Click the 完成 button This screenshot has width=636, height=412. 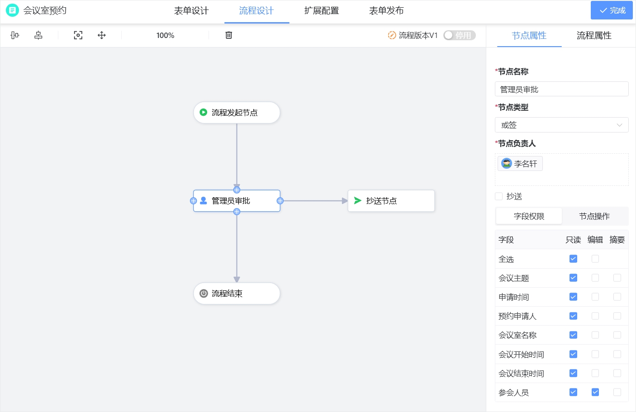click(612, 10)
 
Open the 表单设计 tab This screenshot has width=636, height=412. click(191, 11)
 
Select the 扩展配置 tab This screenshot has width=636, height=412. click(321, 11)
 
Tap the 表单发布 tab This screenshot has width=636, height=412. click(386, 11)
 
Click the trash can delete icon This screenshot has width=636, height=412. click(229, 35)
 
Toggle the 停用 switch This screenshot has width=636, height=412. click(459, 35)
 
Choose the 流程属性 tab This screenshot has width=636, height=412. click(593, 36)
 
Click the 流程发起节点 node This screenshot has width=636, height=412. click(237, 113)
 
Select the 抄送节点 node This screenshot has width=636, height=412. click(391, 201)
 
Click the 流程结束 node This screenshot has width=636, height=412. click(237, 294)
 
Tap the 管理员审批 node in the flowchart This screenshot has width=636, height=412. click(237, 201)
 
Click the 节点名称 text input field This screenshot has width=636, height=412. click(561, 89)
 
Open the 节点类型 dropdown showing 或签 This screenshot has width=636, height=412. click(561, 125)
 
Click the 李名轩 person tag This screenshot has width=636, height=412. click(520, 164)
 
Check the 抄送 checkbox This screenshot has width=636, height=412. click(499, 196)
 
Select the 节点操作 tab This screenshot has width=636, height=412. click(594, 216)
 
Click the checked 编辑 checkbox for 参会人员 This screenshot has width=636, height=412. click(595, 392)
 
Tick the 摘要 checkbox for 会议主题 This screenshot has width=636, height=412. click(617, 278)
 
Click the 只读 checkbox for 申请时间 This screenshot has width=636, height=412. click(573, 297)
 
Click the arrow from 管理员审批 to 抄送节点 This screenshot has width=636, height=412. click(314, 201)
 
